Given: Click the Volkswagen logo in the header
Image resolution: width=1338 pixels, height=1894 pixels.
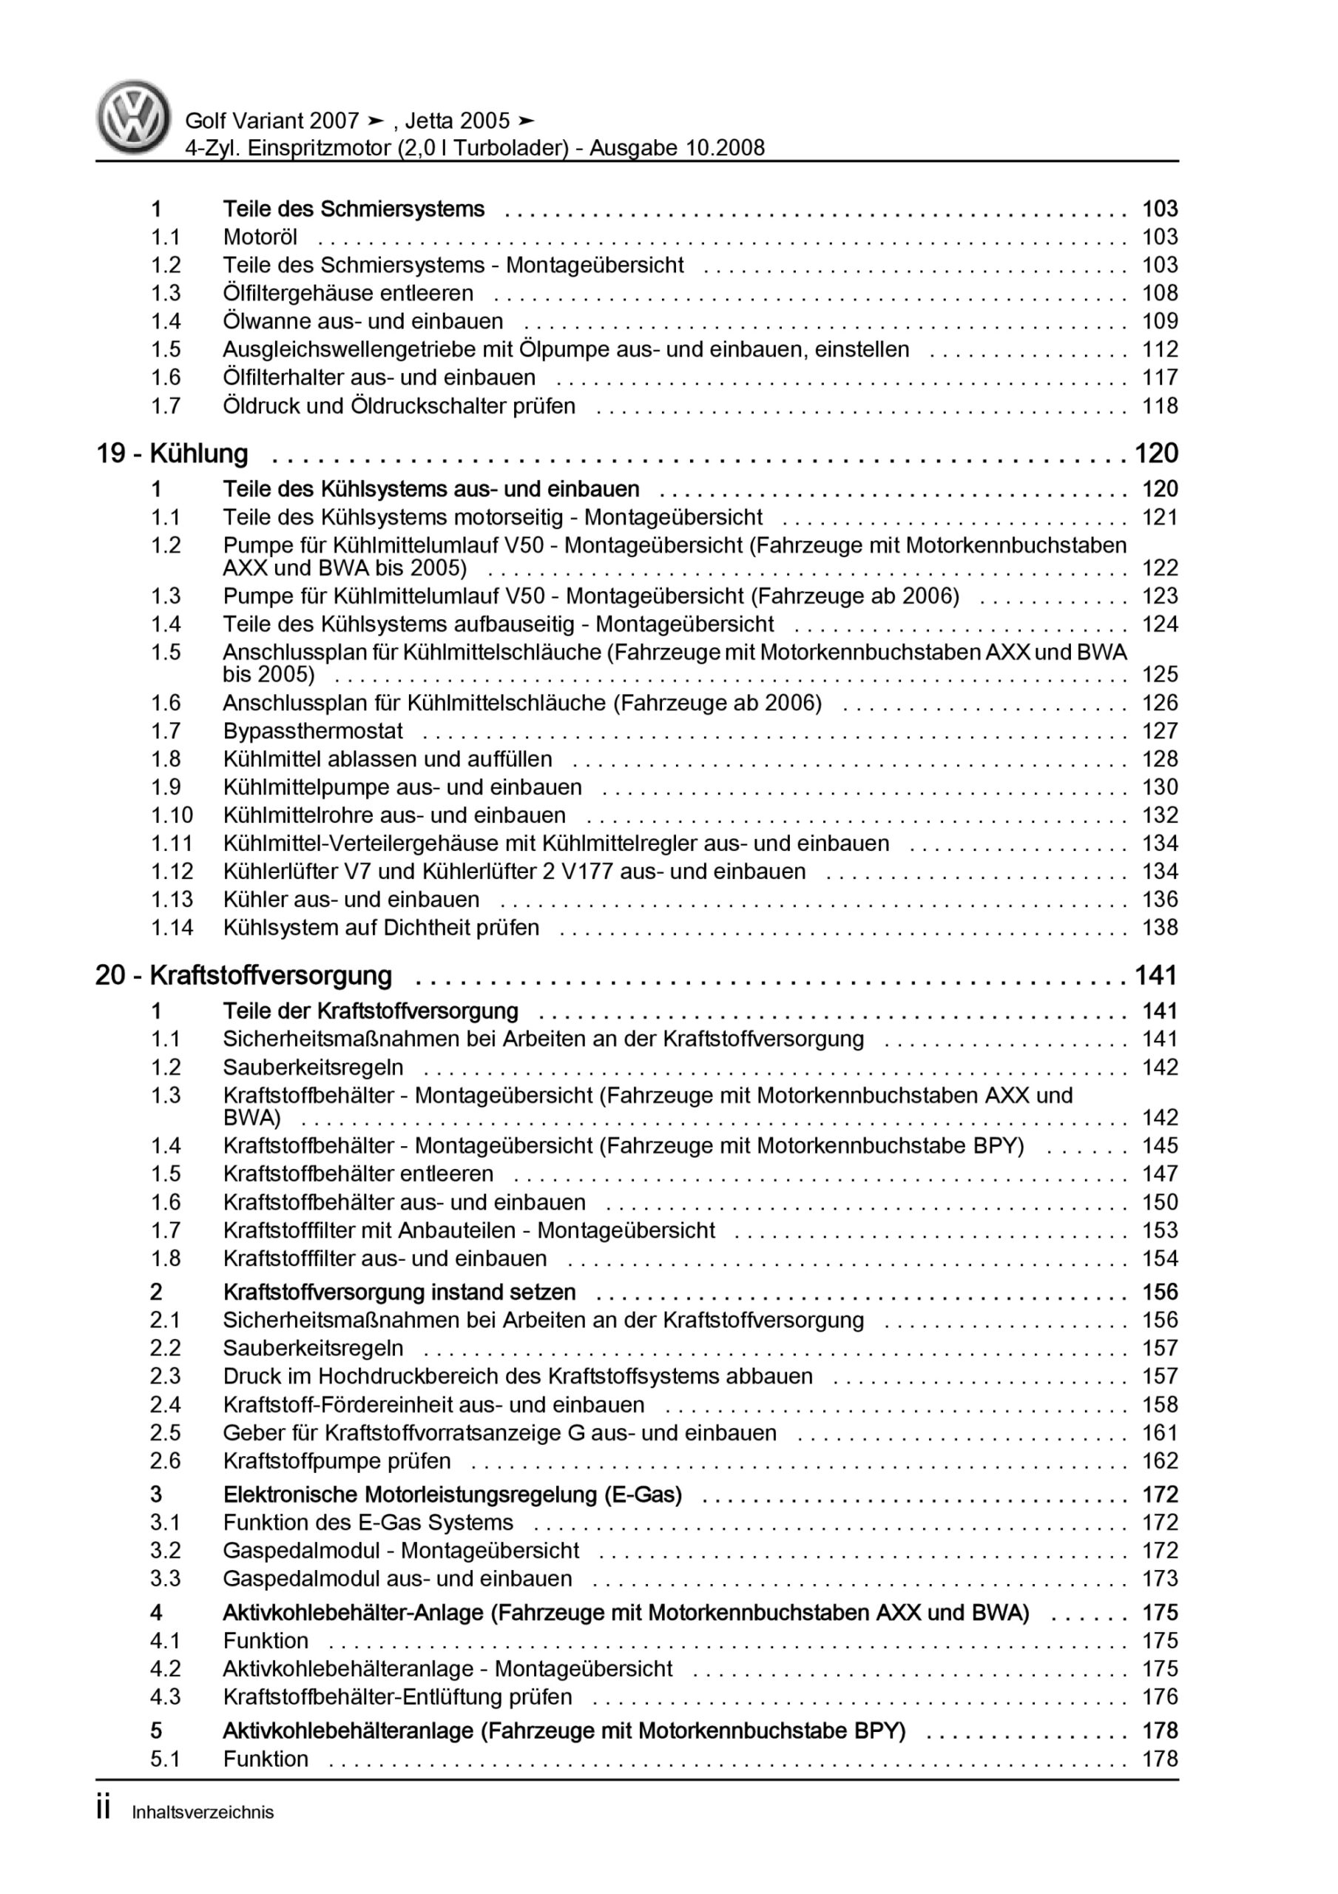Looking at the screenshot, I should (x=134, y=117).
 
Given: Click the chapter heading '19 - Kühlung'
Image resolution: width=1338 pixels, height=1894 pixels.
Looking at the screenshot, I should (x=172, y=454).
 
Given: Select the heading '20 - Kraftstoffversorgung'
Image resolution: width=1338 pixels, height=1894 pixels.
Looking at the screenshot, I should (x=243, y=975).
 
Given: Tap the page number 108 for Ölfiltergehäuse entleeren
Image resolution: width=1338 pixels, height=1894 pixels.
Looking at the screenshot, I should (x=1159, y=293).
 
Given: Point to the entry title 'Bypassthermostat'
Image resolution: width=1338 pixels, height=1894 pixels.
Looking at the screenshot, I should (x=313, y=731).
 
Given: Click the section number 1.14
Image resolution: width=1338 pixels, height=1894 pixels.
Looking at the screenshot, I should (x=172, y=927).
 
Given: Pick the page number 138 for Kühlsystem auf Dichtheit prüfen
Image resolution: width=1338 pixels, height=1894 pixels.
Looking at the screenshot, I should (x=1159, y=927).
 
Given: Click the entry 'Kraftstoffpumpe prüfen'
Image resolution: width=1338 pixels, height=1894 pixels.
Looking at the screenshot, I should (x=337, y=1461).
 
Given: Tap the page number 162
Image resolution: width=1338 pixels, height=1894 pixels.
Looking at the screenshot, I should (x=1159, y=1461).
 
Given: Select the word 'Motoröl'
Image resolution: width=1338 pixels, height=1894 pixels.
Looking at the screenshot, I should (x=260, y=237).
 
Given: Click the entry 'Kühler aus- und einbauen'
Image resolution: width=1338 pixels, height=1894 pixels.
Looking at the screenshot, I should (x=351, y=899).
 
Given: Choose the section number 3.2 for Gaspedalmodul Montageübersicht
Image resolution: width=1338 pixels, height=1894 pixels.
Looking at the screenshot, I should (x=165, y=1550).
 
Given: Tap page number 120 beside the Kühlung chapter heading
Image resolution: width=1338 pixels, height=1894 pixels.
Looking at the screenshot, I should (x=1156, y=454).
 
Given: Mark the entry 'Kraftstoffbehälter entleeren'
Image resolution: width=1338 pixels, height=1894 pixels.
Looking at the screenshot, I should (x=358, y=1173).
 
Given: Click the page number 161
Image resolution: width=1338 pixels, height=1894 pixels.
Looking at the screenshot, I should (x=1159, y=1433).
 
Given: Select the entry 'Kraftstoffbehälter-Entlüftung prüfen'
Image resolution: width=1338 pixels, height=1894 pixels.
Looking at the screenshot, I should (x=396, y=1697).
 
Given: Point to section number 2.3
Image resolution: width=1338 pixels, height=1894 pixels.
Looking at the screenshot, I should (x=165, y=1376).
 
